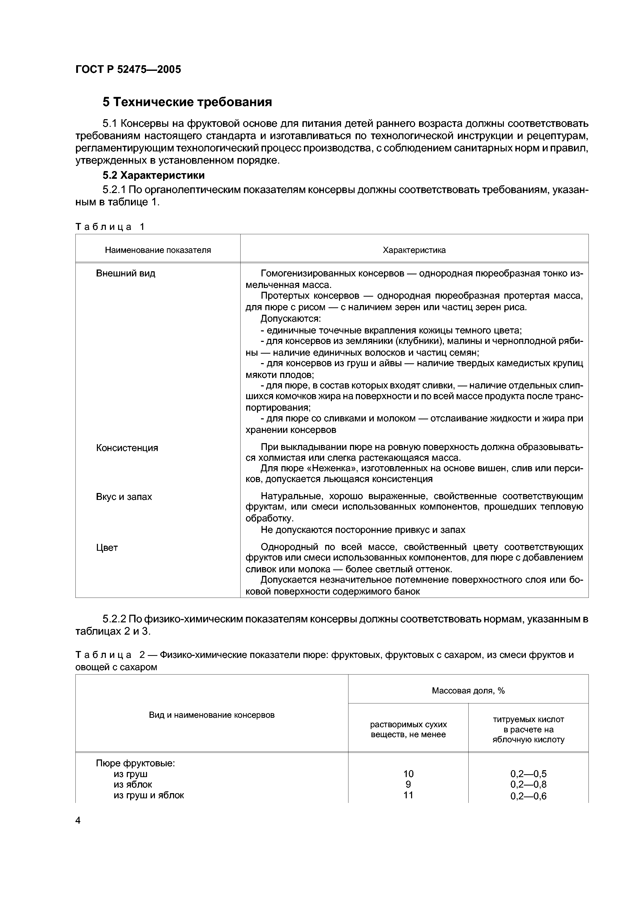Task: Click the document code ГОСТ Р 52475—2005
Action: pos(128,70)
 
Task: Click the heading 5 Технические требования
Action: pos(187,102)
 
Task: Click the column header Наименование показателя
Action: pos(157,250)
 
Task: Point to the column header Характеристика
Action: pos(414,250)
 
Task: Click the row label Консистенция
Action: pos(127,448)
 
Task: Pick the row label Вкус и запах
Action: pos(124,497)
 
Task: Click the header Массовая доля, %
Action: pos(468,691)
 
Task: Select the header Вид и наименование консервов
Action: pos(211,715)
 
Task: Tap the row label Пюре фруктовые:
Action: pos(135,763)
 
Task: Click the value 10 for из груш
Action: pos(408,773)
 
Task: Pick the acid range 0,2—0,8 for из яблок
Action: pos(528,784)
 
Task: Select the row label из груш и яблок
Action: pos(149,795)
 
